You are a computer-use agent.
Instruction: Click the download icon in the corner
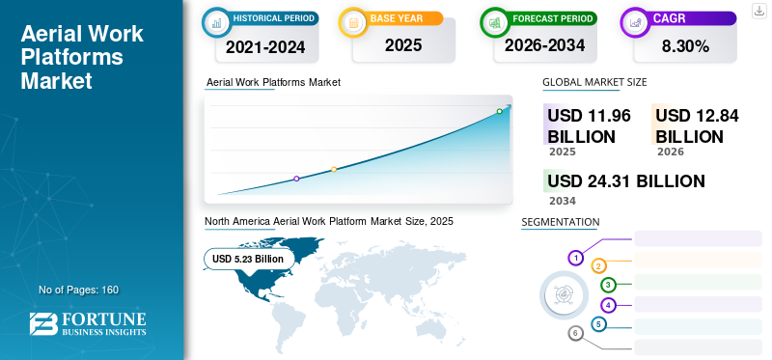[x=759, y=11]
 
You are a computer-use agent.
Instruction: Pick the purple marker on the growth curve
[x=296, y=179]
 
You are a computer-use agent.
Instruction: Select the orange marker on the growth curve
[x=334, y=170]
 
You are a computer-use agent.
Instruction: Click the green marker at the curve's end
[x=499, y=111]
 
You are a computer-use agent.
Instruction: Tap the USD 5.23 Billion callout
[x=248, y=259]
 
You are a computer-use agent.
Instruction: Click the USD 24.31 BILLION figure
[x=625, y=181]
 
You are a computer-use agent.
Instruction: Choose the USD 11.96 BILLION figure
[x=589, y=126]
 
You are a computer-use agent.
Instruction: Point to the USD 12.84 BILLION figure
[x=697, y=126]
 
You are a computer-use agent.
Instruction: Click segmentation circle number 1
[x=575, y=258]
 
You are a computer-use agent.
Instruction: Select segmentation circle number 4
[x=608, y=305]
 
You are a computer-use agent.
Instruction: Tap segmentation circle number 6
[x=576, y=333]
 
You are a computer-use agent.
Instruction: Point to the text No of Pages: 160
[x=78, y=290]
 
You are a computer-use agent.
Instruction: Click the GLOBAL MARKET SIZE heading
[x=594, y=83]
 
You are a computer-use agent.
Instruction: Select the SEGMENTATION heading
[x=560, y=222]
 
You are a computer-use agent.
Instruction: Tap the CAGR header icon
[x=637, y=20]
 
